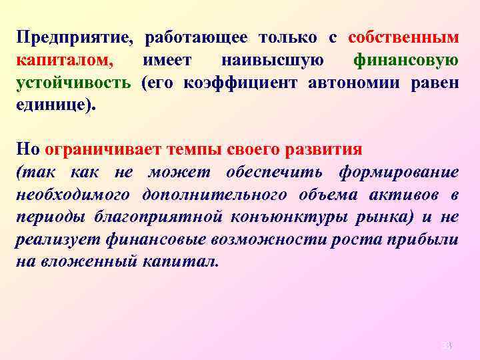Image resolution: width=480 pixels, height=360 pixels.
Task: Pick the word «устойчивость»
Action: (x=73, y=83)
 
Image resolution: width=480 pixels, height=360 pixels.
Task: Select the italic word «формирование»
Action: (x=398, y=172)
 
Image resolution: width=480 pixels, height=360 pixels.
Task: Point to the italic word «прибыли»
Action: (x=427, y=240)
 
